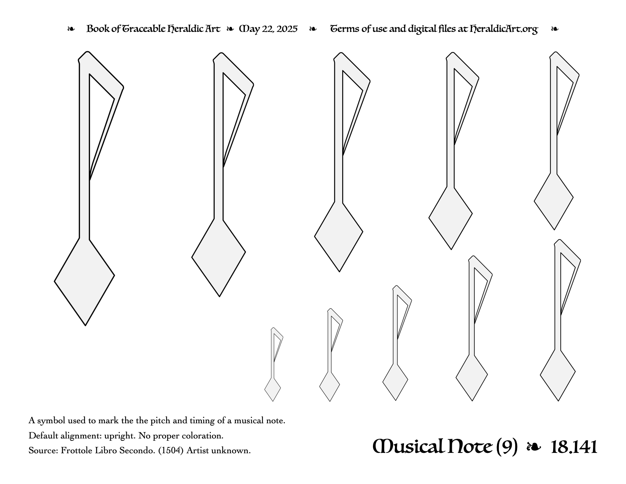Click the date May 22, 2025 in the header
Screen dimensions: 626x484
[268, 29]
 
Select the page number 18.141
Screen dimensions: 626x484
[574, 447]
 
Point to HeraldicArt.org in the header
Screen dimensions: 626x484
[504, 29]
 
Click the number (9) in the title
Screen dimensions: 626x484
[507, 447]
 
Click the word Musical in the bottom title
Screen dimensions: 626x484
[408, 447]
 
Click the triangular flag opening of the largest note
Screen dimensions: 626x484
[100, 121]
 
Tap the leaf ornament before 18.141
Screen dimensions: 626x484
[534, 447]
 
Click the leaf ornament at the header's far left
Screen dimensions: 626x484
[71, 29]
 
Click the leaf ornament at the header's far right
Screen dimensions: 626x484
[555, 29]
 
